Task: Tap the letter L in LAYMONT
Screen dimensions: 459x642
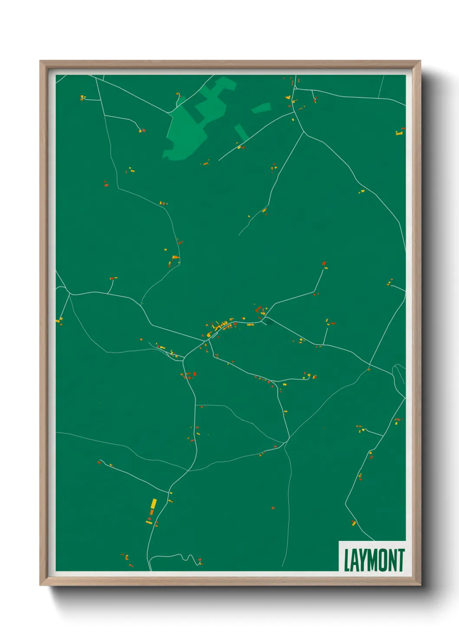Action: [x=348, y=560]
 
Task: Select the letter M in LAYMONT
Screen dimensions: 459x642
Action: [x=376, y=560]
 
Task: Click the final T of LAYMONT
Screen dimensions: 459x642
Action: [x=401, y=560]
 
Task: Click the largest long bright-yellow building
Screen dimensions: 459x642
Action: [x=154, y=504]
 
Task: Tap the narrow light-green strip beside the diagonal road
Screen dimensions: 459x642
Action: [x=241, y=132]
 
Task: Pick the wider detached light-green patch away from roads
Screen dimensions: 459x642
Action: [x=261, y=108]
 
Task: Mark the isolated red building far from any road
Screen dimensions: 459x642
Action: [x=273, y=508]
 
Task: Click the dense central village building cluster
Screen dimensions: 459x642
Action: [x=219, y=326]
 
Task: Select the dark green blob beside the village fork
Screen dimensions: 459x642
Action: [x=269, y=321]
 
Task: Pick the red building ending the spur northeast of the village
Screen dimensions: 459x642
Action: [x=324, y=263]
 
